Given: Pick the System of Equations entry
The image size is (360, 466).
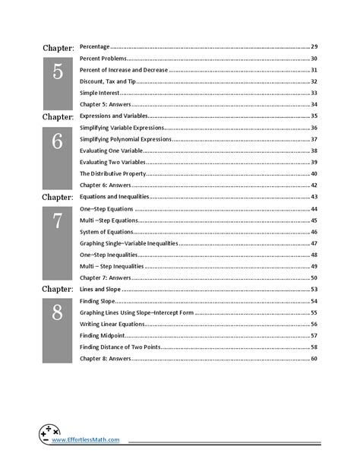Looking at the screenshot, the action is coord(104,231).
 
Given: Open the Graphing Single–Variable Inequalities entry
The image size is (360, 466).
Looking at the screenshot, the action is coord(128,243).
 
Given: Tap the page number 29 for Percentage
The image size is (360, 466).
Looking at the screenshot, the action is coord(314,47).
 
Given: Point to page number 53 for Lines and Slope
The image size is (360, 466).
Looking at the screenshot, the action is coord(314,290).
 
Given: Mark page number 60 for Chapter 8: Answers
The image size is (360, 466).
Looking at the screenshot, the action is coord(314,358).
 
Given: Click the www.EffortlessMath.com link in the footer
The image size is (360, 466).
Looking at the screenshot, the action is coord(87,439).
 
